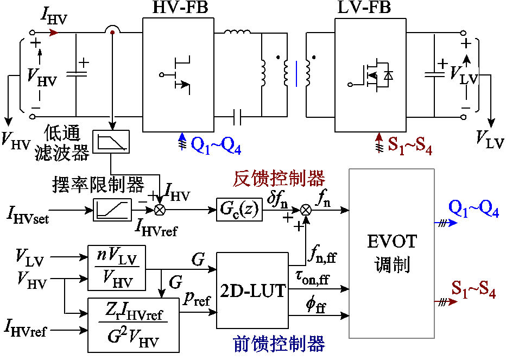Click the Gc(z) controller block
click(x=239, y=210)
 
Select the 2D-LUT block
click(x=252, y=290)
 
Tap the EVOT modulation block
click(x=391, y=254)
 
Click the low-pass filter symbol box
click(x=111, y=142)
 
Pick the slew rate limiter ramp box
click(x=112, y=210)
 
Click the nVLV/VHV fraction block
click(x=117, y=268)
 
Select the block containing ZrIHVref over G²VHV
click(x=134, y=325)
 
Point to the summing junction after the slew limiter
click(x=160, y=210)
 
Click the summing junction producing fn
click(x=306, y=210)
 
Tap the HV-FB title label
click(x=180, y=8)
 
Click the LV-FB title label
click(x=364, y=8)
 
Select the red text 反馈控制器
click(x=279, y=178)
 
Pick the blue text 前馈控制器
click(x=279, y=344)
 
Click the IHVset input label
click(x=28, y=214)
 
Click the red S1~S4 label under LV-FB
click(x=410, y=146)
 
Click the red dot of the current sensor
click(x=112, y=32)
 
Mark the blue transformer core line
click(x=296, y=74)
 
